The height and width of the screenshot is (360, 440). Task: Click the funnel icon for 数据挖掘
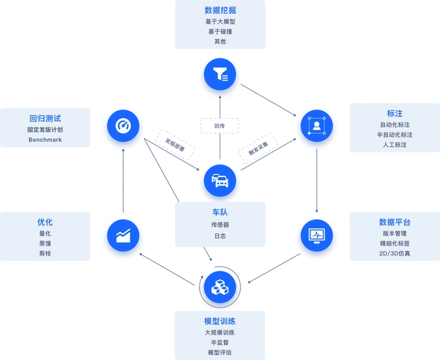click(x=220, y=74)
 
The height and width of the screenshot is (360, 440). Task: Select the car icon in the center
click(x=220, y=181)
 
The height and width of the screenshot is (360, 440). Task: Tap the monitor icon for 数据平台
click(x=315, y=235)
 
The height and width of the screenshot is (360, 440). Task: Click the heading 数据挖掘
click(x=220, y=11)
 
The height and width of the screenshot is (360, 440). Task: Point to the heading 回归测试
click(x=45, y=117)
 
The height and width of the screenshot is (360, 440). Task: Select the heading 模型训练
click(x=220, y=320)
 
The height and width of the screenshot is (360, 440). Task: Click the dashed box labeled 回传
click(x=219, y=125)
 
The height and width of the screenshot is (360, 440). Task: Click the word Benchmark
click(x=45, y=140)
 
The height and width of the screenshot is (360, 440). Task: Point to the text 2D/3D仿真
click(x=395, y=253)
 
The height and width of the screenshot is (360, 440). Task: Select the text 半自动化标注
click(x=395, y=135)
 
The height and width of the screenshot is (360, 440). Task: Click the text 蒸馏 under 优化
click(x=45, y=243)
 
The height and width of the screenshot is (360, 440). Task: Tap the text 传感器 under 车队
click(x=220, y=225)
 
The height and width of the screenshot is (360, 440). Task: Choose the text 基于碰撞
click(x=220, y=32)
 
